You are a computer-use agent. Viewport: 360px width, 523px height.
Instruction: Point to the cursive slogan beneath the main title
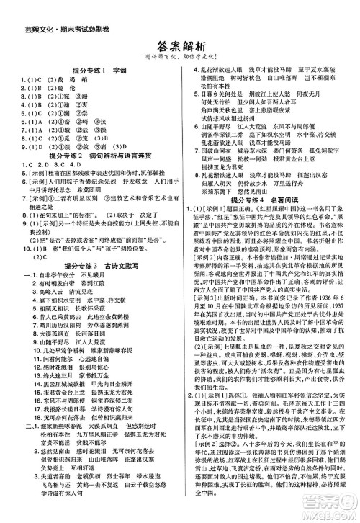[181, 60]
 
